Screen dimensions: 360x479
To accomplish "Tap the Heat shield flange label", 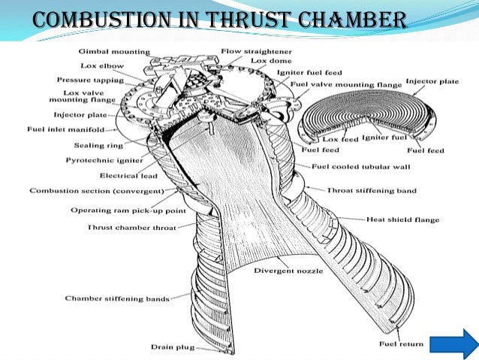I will tap(402, 219).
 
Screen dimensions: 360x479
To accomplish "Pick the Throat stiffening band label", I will tap(373, 191).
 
